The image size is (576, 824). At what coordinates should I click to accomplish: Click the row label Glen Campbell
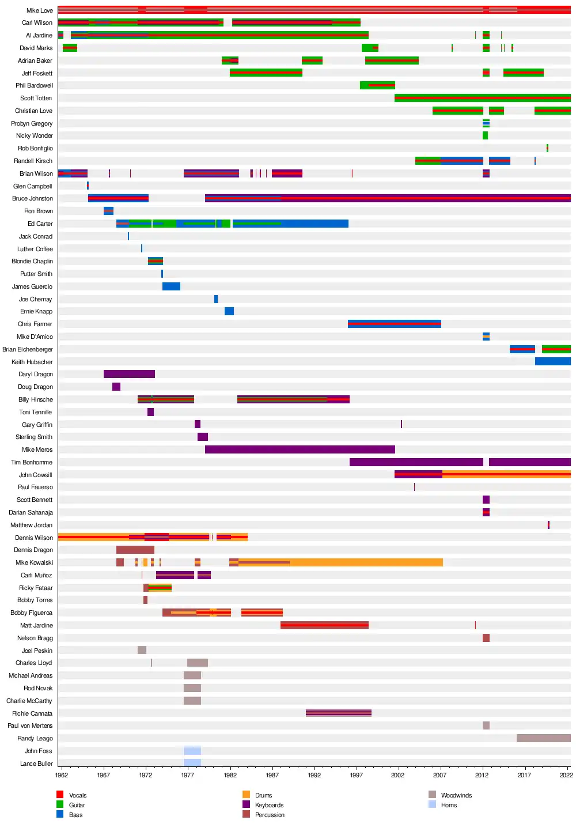point(33,186)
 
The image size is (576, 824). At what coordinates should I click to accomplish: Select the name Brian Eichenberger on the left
point(28,349)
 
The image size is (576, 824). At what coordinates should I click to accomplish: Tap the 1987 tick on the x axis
point(272,775)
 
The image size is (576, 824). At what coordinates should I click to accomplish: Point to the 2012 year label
point(482,775)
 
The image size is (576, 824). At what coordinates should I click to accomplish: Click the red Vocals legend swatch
point(60,795)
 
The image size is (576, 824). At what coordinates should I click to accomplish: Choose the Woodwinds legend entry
point(456,795)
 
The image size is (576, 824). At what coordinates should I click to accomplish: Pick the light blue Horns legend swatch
point(432,804)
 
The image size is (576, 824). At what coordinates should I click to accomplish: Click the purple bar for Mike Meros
point(300,449)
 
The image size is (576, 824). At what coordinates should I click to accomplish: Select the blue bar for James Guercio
point(171,286)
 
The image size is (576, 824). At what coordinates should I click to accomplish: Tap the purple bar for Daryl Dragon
point(129,374)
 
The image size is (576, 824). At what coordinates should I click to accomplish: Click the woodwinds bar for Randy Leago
point(543,738)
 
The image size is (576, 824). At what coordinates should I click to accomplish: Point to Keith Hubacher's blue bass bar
point(552,361)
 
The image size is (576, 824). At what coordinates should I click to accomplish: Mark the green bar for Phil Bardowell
point(377,85)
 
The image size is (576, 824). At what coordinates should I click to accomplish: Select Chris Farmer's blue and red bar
point(394,324)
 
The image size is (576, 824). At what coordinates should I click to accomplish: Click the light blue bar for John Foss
point(192,751)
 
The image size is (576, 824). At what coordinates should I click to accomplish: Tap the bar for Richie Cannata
point(338,713)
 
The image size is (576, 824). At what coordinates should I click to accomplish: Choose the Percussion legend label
point(270,815)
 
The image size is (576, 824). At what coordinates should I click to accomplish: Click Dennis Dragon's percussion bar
point(135,550)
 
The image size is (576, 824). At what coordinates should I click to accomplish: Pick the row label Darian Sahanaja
point(31,512)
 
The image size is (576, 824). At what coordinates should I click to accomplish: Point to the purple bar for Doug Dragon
point(116,387)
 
